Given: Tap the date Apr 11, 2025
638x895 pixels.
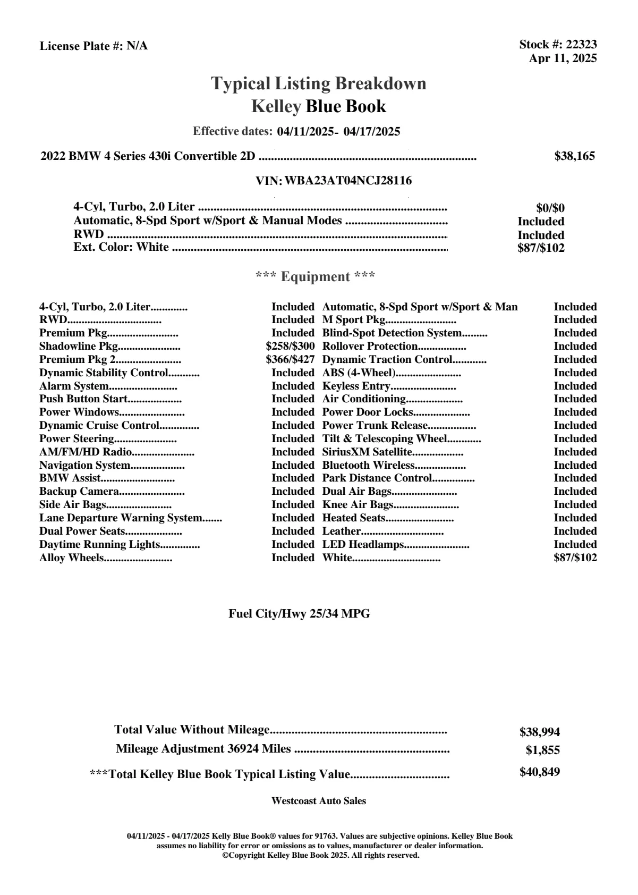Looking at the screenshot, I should [x=563, y=58].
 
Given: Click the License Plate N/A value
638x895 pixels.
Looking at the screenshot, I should [x=137, y=46].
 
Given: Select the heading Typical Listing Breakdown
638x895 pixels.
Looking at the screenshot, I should [x=319, y=83].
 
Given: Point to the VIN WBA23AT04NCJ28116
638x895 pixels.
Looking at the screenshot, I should [x=348, y=181].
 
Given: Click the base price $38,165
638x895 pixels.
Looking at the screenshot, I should [x=575, y=156].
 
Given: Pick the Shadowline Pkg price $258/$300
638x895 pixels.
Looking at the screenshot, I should [x=290, y=347].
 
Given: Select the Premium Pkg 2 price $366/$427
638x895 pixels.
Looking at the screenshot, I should [x=290, y=360].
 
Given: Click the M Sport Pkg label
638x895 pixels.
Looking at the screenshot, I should [x=353, y=320].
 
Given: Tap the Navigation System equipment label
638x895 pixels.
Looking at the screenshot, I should [x=85, y=466].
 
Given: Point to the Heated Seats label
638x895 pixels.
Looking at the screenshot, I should [x=354, y=518].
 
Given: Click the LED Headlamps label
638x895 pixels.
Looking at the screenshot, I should [x=363, y=545].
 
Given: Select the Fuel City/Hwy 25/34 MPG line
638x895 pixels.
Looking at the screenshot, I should [x=299, y=614].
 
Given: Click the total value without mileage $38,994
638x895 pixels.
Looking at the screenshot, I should [x=540, y=732].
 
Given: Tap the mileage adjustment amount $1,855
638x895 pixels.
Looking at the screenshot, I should [x=543, y=751].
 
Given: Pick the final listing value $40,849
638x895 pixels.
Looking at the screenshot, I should [x=540, y=772].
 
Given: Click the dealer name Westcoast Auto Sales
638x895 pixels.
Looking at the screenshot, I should [x=319, y=801].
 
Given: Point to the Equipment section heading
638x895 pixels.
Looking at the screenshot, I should [x=316, y=277].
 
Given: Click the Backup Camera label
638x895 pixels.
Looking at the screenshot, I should [x=79, y=492].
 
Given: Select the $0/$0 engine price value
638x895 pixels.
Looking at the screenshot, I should [x=550, y=208].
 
